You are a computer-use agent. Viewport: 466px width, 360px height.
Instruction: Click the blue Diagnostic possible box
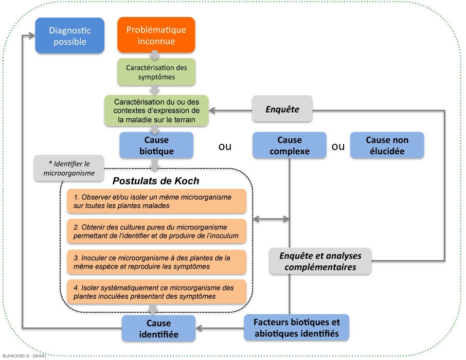tap(69, 35)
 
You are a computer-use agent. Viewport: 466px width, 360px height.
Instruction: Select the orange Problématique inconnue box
tap(156, 35)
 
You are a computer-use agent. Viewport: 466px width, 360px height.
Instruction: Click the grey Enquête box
tap(282, 110)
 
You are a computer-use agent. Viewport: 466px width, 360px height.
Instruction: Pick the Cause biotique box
tap(156, 145)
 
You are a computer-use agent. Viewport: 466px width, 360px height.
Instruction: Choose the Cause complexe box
tap(289, 145)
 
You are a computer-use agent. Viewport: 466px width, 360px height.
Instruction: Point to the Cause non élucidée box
tap(387, 145)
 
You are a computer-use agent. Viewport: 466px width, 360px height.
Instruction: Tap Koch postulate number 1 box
tap(156, 202)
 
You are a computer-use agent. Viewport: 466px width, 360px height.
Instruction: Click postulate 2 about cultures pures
tap(156, 231)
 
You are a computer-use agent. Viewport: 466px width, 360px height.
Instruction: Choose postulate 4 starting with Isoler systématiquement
tap(156, 292)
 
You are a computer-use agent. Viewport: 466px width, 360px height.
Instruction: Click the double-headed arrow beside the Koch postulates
tap(272, 219)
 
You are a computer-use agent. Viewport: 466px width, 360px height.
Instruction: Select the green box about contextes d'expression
tap(156, 110)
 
